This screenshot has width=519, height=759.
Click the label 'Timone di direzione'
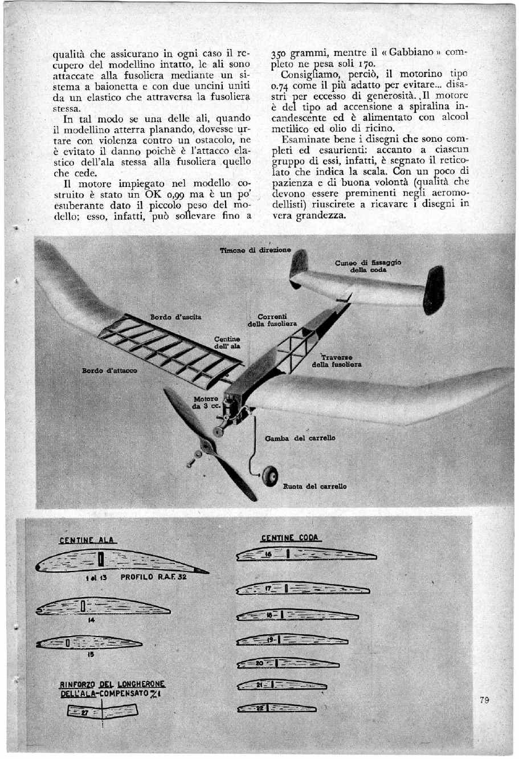click(255, 250)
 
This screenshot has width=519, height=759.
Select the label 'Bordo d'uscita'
click(175, 316)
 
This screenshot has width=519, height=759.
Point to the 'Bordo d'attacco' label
click(109, 370)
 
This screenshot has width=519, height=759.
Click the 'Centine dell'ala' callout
click(227, 342)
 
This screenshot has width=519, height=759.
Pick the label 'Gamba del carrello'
click(300, 438)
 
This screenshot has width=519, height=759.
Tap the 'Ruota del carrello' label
click(314, 487)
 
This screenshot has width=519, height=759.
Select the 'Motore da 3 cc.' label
click(205, 402)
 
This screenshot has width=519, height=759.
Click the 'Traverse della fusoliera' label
click(336, 361)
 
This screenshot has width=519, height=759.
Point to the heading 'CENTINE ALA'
click(87, 540)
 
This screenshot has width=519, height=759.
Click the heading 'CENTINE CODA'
click(290, 537)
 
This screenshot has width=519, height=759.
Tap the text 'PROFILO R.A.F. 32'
click(153, 577)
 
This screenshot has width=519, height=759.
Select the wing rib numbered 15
click(88, 643)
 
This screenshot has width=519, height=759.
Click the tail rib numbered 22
click(276, 708)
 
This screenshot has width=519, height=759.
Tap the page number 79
click(484, 700)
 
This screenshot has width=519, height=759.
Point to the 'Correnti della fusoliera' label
click(272, 320)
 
